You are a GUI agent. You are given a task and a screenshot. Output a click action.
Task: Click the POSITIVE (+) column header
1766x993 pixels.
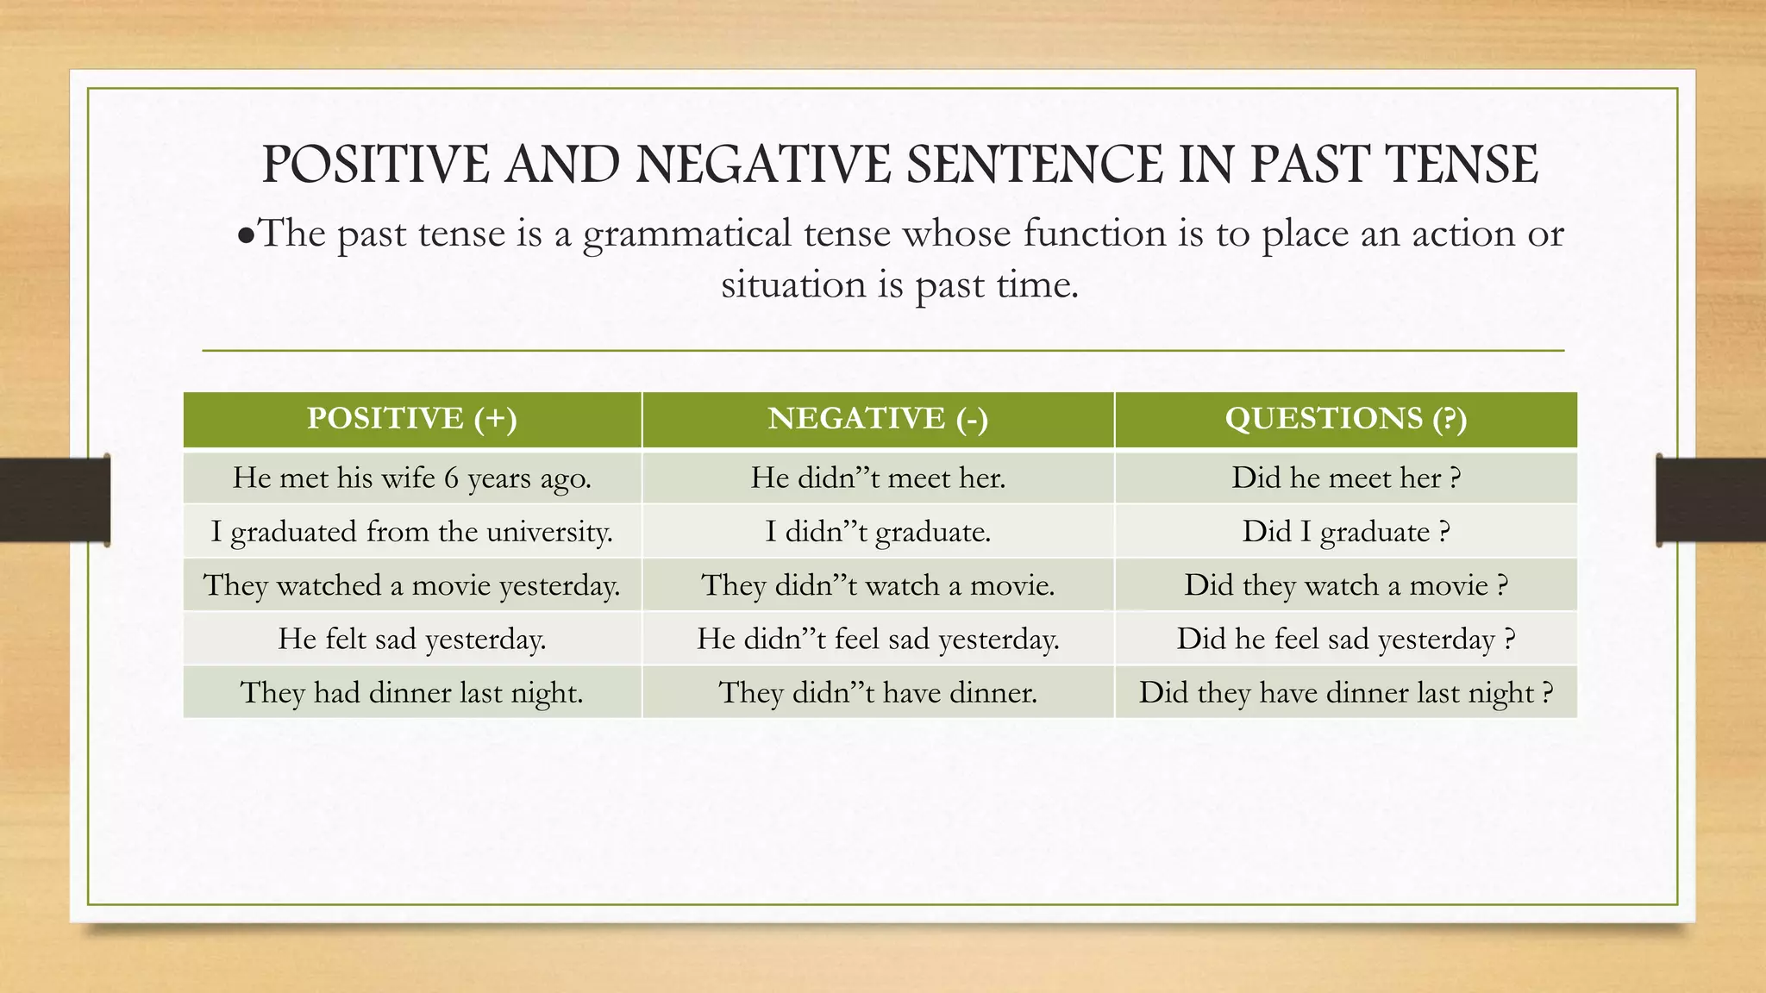click(x=412, y=419)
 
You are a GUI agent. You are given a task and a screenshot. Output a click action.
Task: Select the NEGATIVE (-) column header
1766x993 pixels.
click(x=878, y=419)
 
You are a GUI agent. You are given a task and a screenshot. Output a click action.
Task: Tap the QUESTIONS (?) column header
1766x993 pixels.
click(x=1346, y=419)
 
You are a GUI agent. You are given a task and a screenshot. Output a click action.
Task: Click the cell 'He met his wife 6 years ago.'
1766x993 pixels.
click(x=412, y=478)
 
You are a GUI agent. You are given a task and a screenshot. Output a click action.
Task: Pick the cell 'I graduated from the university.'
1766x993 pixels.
click(x=412, y=531)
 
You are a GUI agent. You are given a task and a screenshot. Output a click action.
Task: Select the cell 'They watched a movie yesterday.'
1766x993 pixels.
click(x=412, y=585)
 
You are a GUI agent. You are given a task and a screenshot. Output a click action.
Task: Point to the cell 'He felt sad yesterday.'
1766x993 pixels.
click(x=412, y=639)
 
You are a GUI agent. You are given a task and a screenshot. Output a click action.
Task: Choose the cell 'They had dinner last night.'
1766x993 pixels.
click(x=412, y=692)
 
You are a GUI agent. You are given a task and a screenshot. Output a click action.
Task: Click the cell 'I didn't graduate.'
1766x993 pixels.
click(x=878, y=531)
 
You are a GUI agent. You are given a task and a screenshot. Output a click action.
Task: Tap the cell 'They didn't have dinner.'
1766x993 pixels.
click(x=878, y=692)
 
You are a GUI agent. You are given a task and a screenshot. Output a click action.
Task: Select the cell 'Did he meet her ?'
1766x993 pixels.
click(x=1346, y=478)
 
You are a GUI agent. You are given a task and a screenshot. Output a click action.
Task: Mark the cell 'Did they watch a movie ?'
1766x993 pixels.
click(x=1346, y=585)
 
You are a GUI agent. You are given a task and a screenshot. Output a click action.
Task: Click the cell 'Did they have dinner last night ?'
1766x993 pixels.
click(x=1346, y=692)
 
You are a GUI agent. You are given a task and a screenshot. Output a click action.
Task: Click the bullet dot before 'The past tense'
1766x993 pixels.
click(x=246, y=235)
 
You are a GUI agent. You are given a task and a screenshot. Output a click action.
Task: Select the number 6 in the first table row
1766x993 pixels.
click(x=451, y=478)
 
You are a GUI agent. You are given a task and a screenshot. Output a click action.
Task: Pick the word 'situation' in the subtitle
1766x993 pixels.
click(x=793, y=284)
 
